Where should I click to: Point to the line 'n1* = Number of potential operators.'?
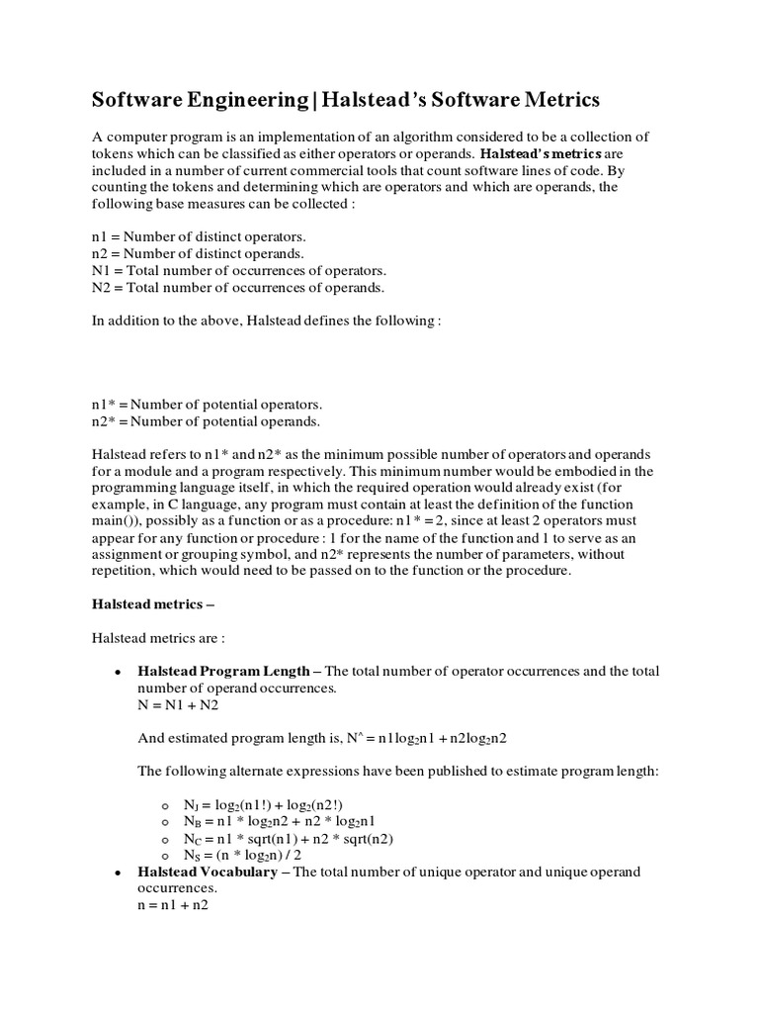(207, 405)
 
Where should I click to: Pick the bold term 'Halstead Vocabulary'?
(207, 872)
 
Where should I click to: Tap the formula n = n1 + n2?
(173, 905)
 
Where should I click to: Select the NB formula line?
(279, 821)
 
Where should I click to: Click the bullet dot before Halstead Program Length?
(118, 672)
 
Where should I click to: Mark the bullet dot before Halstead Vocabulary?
(118, 873)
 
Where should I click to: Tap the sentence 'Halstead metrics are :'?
(158, 637)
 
